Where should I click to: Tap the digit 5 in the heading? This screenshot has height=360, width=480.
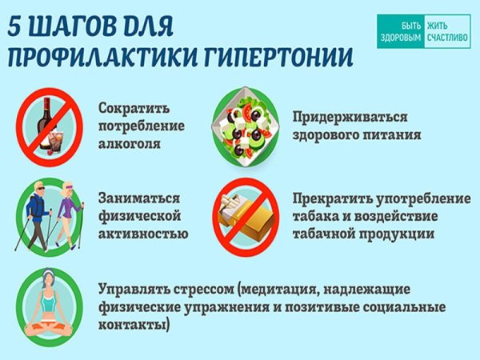[18, 27]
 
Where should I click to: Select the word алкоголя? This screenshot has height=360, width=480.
[131, 146]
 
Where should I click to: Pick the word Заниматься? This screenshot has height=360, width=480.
[138, 198]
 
